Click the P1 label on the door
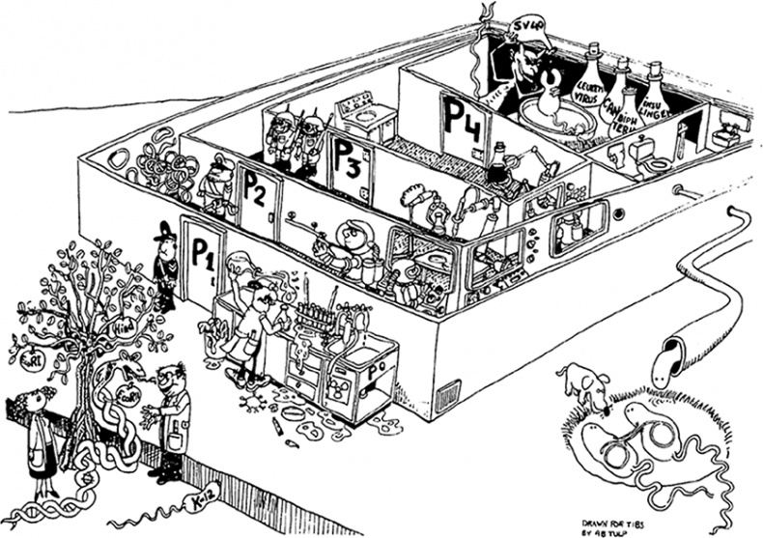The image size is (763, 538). [201, 255]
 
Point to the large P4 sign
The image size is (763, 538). [464, 118]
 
